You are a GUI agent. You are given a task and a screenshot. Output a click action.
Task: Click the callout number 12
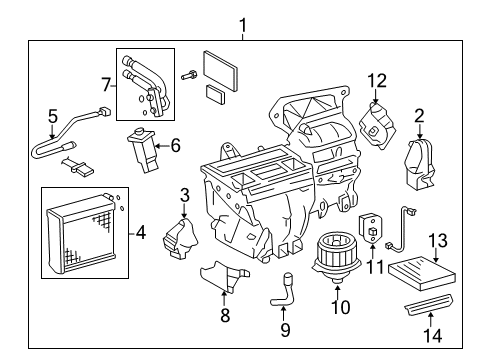pos(376,79)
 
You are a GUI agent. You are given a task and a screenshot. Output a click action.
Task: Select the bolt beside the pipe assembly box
pos(188,73)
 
